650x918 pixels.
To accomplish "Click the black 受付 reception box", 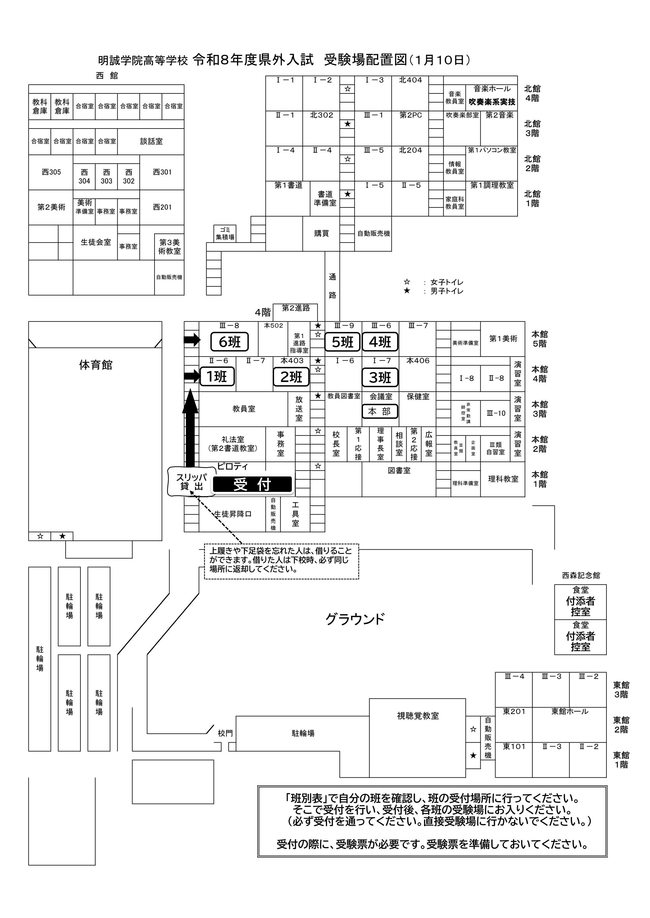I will point(252,484).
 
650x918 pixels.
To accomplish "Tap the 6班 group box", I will point(229,342).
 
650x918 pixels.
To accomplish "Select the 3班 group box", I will point(380,377).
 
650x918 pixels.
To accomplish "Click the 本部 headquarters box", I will point(380,412).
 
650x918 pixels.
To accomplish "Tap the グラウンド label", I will point(355,619).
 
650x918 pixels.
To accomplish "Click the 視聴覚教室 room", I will point(418,715).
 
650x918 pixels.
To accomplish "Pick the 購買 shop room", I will point(321,233).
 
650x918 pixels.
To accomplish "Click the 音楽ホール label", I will point(492,89).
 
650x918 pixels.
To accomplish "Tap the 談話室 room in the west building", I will point(151,141).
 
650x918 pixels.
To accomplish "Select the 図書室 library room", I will point(399,471).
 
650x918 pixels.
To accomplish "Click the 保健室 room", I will point(418,397).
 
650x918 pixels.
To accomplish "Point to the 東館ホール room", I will point(570,711).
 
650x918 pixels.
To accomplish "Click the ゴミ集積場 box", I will point(225,233).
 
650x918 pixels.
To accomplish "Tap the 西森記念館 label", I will point(581,575).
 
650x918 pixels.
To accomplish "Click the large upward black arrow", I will point(190,428).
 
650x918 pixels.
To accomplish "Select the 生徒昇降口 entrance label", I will point(233,514).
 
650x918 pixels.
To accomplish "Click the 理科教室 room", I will point(503,479).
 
